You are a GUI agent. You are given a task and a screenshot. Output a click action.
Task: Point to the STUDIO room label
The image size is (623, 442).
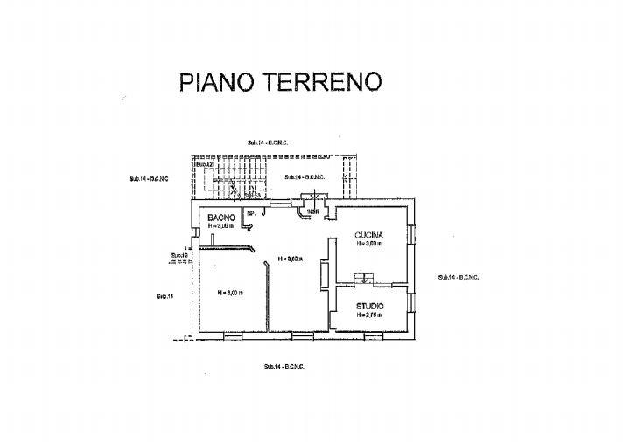(370, 306)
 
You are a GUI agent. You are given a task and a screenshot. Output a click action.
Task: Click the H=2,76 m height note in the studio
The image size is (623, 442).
(369, 315)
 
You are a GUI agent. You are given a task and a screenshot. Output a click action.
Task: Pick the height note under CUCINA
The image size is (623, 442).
(369, 245)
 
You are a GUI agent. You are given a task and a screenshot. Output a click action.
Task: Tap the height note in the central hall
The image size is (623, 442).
(289, 259)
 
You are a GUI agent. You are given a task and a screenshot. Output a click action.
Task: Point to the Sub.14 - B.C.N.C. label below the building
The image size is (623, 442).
(283, 366)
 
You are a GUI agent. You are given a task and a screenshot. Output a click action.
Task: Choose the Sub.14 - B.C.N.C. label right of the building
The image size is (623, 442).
(458, 277)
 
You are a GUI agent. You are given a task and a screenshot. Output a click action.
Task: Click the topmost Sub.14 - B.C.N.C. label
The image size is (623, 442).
(268, 142)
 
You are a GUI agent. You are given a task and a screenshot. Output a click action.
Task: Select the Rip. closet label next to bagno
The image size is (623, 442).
(250, 212)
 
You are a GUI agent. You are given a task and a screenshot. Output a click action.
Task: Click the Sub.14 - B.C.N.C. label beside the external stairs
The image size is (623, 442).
(304, 177)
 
